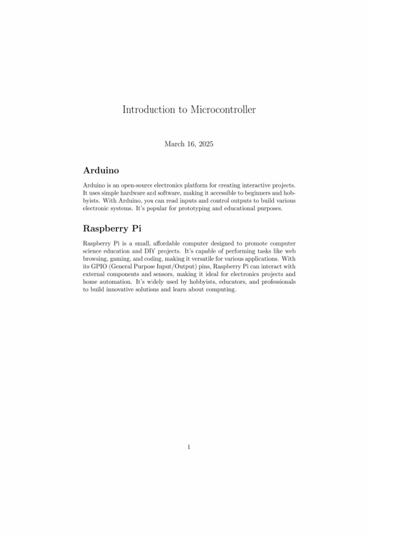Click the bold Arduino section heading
101,171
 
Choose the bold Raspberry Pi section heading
112,229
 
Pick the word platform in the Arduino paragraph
200,185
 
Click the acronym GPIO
99,266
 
